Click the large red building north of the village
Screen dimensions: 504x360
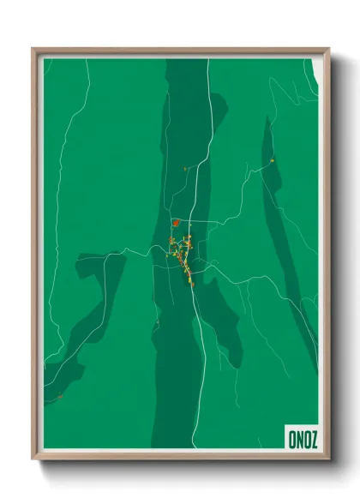pyautogui.click(x=176, y=223)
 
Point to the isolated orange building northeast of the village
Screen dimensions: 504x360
pyautogui.click(x=272, y=159)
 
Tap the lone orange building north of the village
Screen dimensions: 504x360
pyautogui.click(x=185, y=169)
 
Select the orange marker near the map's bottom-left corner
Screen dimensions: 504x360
pyautogui.click(x=61, y=396)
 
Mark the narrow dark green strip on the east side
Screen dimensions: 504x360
pyautogui.click(x=283, y=240)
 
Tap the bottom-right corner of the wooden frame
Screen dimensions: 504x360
pyautogui.click(x=328, y=459)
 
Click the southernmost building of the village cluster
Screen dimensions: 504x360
pyautogui.click(x=192, y=285)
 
